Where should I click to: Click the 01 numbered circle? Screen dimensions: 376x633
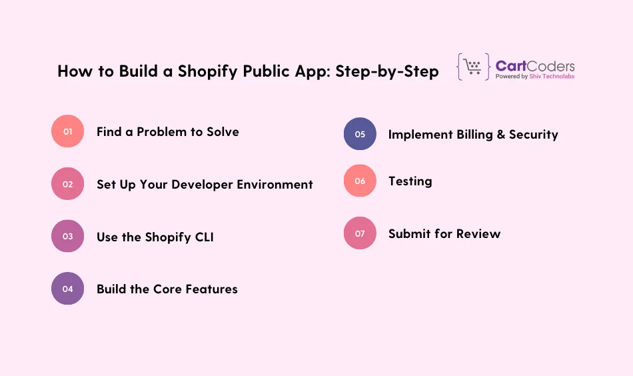pos(67,131)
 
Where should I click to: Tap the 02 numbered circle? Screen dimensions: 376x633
pos(67,184)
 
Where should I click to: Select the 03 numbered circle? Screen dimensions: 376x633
pos(67,236)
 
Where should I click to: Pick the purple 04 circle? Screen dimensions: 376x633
pos(67,289)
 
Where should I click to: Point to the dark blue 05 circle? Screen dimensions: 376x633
pos(360,134)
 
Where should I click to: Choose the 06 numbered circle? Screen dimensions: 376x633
pos(360,181)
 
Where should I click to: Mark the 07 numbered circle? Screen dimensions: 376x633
pos(360,233)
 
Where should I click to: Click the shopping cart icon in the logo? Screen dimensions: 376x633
pos(473,67)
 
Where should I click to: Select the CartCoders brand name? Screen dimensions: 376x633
pos(535,66)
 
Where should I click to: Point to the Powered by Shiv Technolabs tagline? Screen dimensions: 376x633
pos(535,77)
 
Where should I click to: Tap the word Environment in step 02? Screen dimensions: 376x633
pos(275,184)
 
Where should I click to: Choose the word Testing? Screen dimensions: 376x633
pos(410,181)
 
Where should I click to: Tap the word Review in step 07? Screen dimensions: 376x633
pos(479,233)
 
